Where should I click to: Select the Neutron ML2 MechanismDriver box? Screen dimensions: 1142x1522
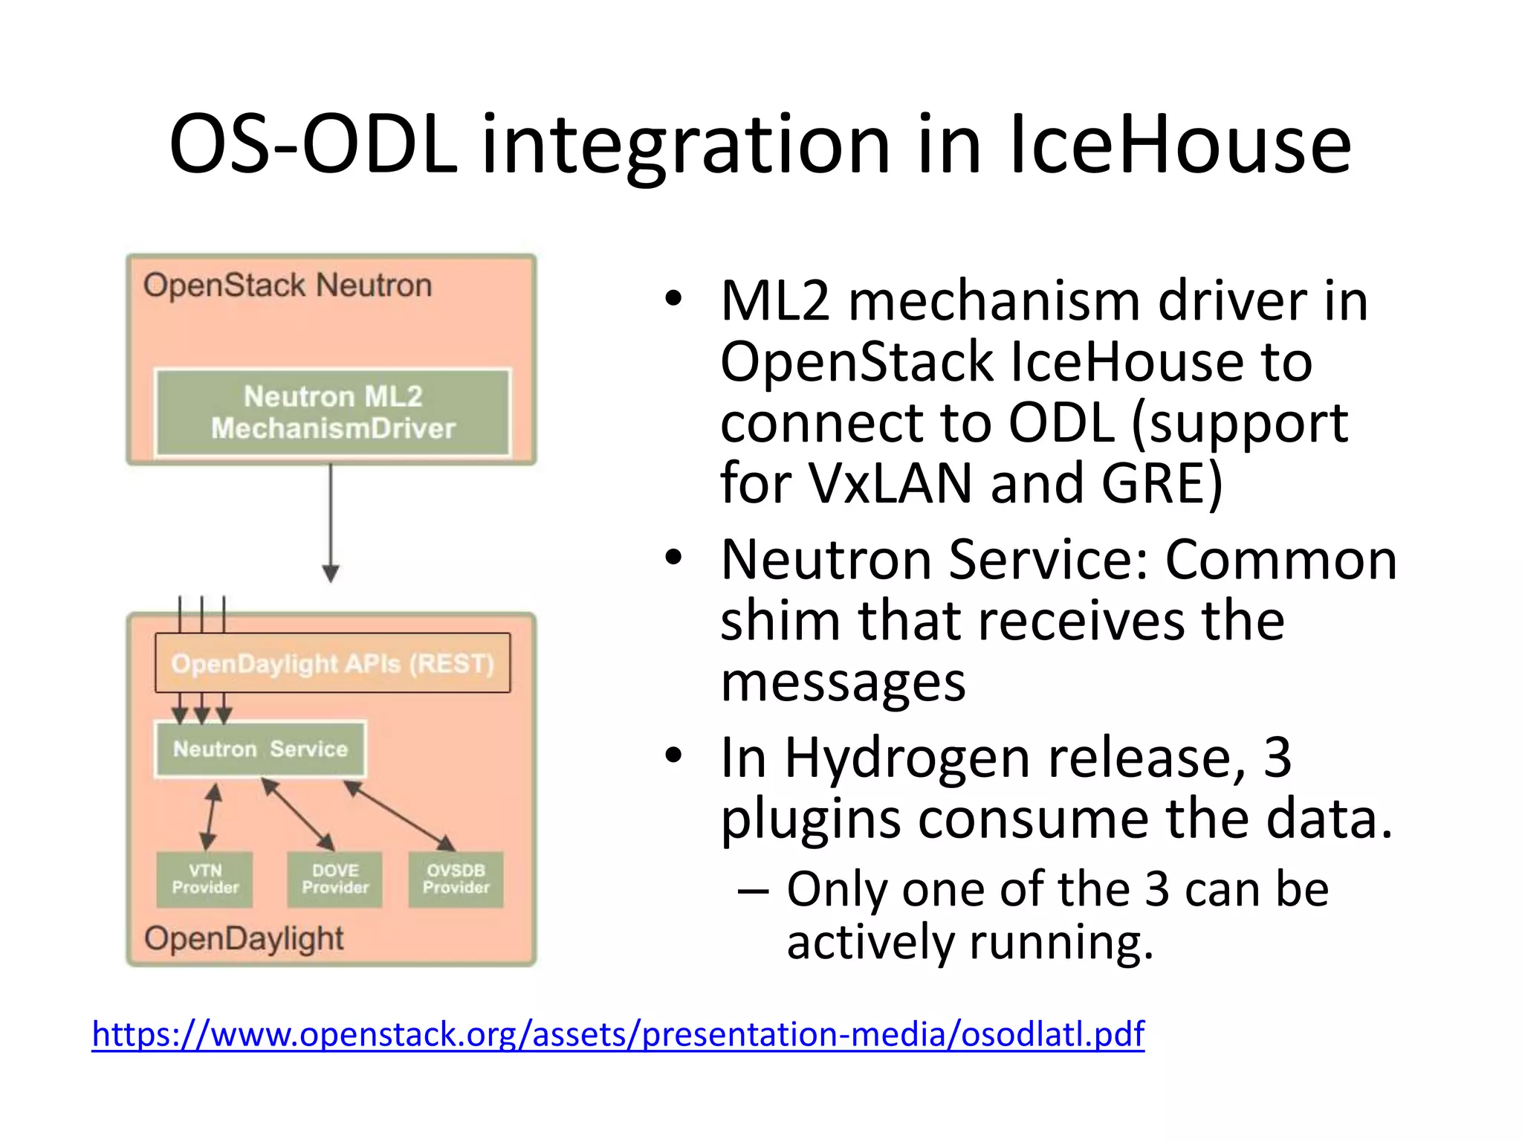coord(332,413)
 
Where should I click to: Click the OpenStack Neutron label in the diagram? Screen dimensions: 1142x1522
coord(288,285)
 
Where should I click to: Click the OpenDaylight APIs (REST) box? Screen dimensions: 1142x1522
coord(332,663)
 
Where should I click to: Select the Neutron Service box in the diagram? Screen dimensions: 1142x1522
coord(260,749)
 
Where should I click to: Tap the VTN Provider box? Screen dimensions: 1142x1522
coord(204,880)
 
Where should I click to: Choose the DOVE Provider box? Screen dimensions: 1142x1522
coord(334,880)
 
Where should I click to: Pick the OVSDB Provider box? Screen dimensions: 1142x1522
coord(456,880)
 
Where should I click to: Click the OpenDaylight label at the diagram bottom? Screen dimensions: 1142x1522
coord(244,938)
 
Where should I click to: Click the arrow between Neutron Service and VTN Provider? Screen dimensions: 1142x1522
coord(211,816)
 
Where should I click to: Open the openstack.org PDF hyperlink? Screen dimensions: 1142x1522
coord(618,1034)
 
